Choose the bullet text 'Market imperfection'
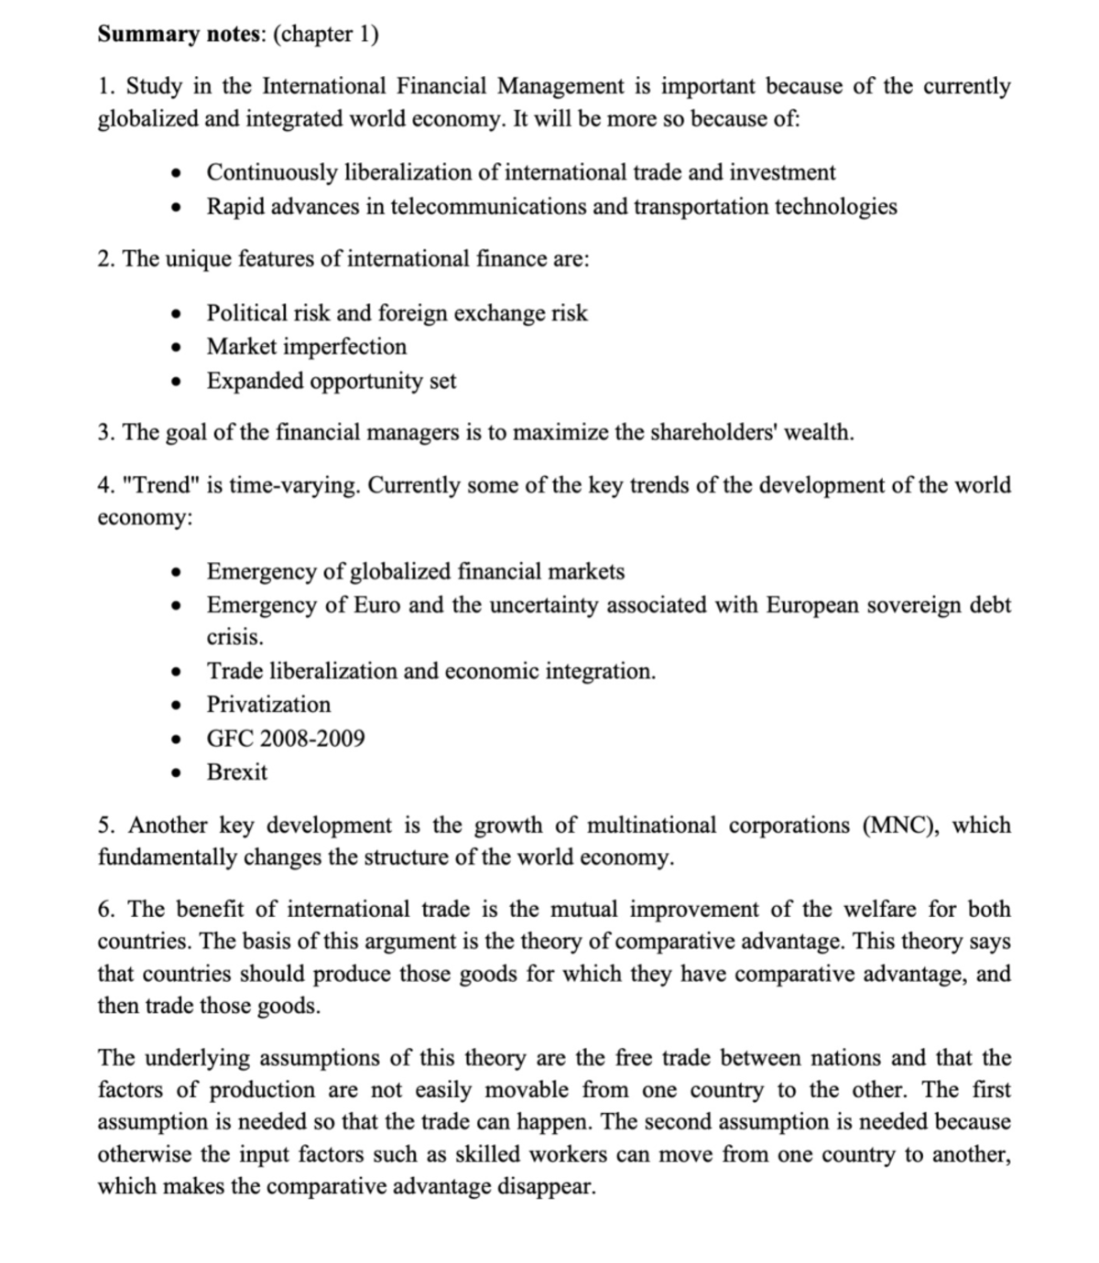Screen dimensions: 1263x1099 pyautogui.click(x=306, y=347)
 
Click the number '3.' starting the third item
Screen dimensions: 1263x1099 pyautogui.click(x=106, y=433)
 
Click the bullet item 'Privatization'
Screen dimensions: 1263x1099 pyautogui.click(x=268, y=705)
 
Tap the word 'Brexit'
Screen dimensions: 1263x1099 pyautogui.click(x=237, y=772)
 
